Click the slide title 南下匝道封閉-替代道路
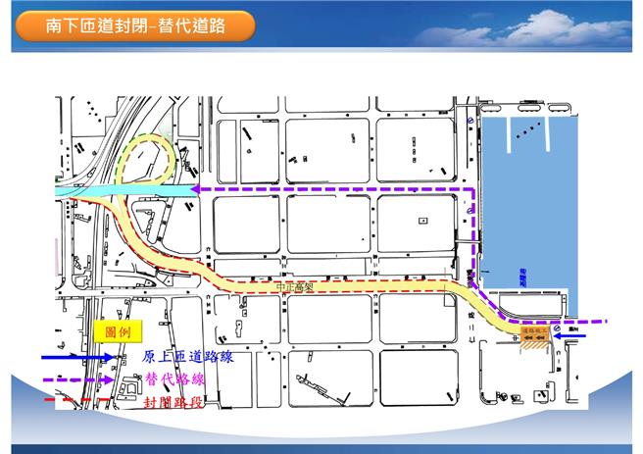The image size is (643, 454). pos(134,26)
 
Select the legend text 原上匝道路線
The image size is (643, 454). pos(187,358)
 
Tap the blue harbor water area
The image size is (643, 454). pos(529,206)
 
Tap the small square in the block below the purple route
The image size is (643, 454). pos(421,221)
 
